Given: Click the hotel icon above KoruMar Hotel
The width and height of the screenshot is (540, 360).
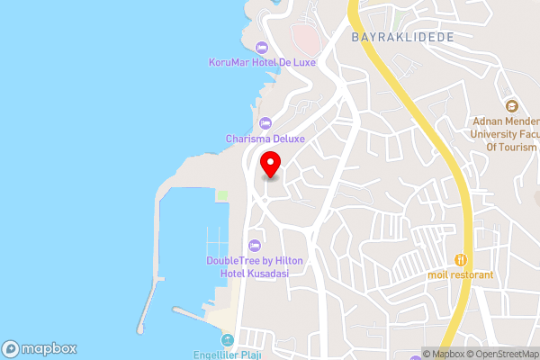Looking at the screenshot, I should tap(262, 48).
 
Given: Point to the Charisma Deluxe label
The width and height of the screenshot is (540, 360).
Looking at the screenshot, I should tap(265, 139).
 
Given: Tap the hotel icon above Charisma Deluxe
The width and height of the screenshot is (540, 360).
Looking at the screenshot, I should tap(265, 123).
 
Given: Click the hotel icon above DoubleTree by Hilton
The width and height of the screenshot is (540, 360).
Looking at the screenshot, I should tap(254, 246).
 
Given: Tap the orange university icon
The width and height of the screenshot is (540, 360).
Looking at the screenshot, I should tap(511, 106).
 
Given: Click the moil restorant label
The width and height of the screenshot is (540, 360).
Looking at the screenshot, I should tap(461, 274).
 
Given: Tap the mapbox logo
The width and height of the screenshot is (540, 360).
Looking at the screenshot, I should tap(40, 349).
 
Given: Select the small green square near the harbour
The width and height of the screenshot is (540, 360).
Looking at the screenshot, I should tap(222, 194).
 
